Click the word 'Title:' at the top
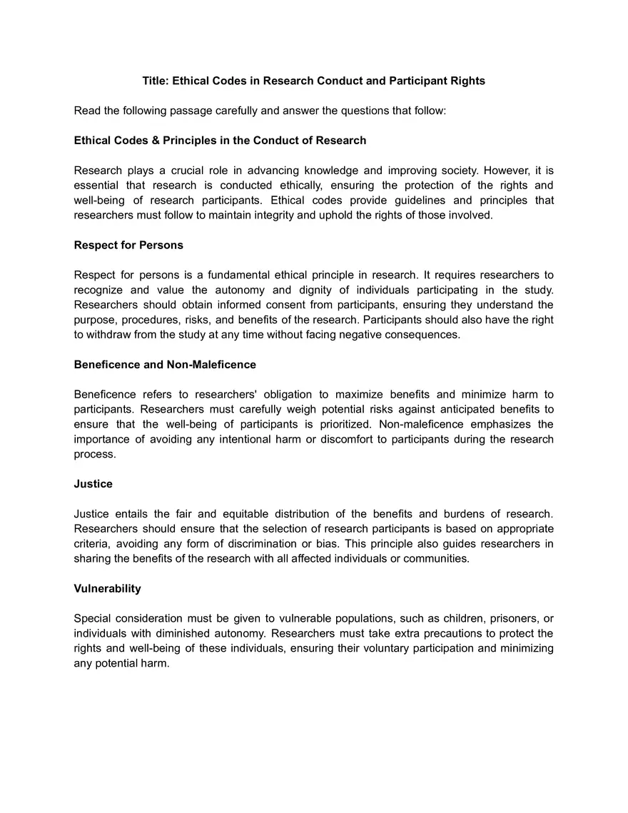click(x=156, y=81)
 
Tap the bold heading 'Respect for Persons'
click(x=128, y=245)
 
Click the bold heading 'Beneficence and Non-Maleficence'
click(x=165, y=364)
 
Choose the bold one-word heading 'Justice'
click(x=93, y=483)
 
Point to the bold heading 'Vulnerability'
click(x=107, y=588)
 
